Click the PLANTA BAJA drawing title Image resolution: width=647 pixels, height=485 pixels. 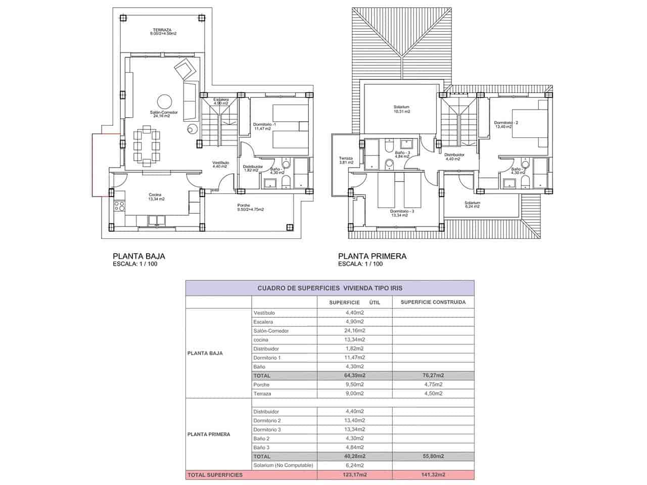click(x=138, y=256)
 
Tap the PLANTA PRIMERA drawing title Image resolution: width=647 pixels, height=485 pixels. click(x=372, y=256)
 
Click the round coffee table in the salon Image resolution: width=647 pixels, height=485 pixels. click(x=164, y=101)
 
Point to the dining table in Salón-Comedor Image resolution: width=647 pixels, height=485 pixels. click(x=147, y=145)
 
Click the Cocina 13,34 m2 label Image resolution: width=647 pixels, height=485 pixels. click(x=156, y=197)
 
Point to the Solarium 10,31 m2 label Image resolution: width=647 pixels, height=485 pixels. click(x=401, y=109)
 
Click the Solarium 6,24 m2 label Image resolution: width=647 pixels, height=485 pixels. click(x=472, y=205)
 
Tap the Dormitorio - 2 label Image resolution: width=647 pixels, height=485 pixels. click(x=506, y=124)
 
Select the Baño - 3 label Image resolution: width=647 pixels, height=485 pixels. click(x=403, y=154)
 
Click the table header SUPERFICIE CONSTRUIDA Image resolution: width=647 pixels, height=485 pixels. click(x=433, y=302)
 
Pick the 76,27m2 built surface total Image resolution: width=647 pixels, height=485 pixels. click(x=433, y=375)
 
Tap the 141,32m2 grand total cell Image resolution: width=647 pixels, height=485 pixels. click(x=433, y=475)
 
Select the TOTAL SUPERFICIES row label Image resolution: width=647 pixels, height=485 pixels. click(x=215, y=475)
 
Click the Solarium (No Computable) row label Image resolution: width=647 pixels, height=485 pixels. click(x=284, y=465)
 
